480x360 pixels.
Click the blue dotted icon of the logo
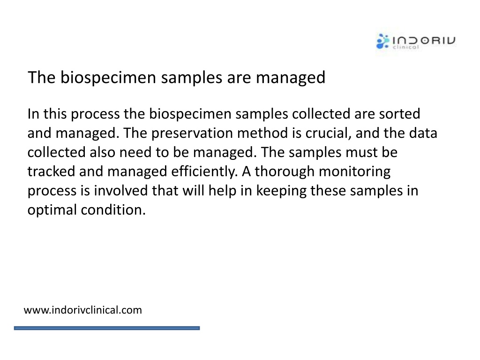coord(382,41)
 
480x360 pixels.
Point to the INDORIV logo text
coord(424,40)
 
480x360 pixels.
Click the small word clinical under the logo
coord(406,47)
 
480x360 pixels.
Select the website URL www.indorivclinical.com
coord(82,310)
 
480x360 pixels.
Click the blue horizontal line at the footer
coord(107,328)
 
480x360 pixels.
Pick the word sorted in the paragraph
coord(399,114)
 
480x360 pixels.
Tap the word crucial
coord(328,134)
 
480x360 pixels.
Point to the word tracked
coord(51,172)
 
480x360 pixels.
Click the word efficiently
coord(204,172)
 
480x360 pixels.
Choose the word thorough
coord(285,172)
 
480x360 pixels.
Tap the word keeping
coord(281,191)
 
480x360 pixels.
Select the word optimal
coord(52,210)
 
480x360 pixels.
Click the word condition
coord(113,210)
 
